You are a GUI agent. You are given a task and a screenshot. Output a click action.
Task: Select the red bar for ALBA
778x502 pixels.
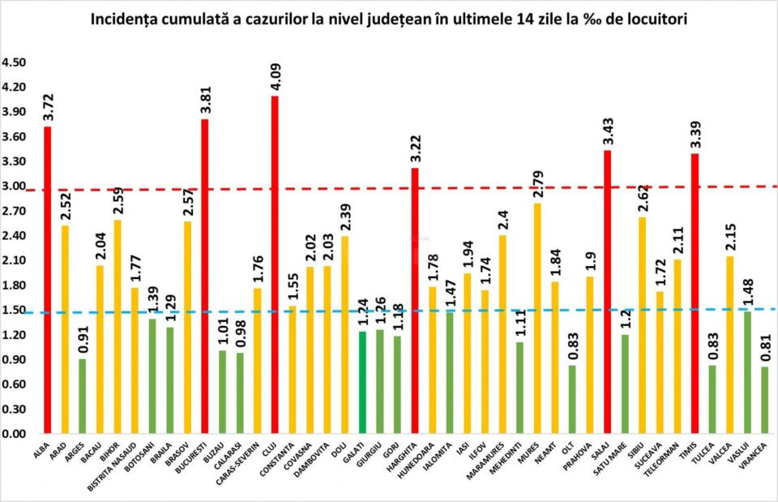48,280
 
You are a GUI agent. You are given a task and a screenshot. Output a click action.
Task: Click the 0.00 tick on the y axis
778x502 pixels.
15,434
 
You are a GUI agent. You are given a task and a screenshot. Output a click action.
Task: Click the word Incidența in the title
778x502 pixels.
129,17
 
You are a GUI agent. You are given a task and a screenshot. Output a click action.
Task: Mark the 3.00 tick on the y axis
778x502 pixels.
15,187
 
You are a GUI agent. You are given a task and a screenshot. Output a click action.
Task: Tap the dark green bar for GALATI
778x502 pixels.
362,382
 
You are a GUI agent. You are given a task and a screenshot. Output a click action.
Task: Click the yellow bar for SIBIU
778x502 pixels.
642,324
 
